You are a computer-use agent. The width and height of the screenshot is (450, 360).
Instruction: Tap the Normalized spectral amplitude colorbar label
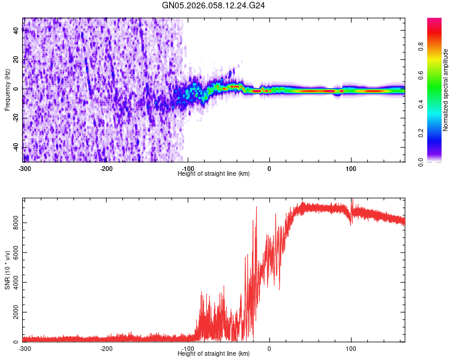pyautogui.click(x=445, y=90)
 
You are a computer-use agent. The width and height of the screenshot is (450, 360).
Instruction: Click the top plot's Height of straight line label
pyautogui.click(x=214, y=173)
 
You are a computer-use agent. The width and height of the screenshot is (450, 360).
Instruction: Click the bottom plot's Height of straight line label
pyautogui.click(x=214, y=353)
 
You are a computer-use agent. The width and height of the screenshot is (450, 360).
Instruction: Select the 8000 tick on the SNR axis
pyautogui.click(x=12, y=223)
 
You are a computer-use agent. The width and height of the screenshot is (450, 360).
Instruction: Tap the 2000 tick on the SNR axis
pyautogui.click(x=12, y=312)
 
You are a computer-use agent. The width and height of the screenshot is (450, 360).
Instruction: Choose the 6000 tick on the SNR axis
pyautogui.click(x=12, y=253)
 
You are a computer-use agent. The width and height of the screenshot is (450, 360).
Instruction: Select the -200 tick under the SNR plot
pyautogui.click(x=106, y=348)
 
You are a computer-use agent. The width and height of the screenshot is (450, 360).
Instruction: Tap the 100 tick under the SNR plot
pyautogui.click(x=351, y=348)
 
